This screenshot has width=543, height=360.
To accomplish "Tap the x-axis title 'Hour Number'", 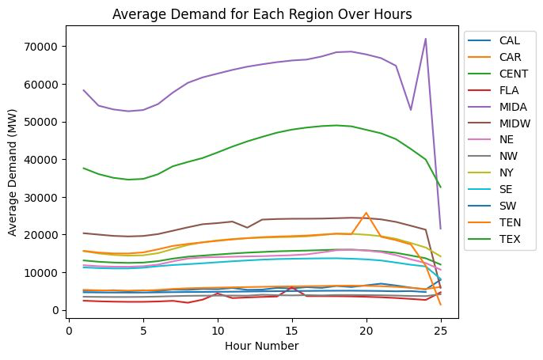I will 263,346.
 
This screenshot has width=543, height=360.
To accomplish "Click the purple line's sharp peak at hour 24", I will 426,39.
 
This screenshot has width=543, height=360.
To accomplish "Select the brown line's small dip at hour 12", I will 247,228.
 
